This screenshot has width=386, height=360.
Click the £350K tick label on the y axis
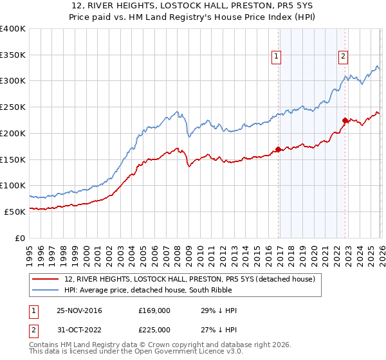[13, 55]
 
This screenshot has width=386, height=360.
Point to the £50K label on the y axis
[15, 212]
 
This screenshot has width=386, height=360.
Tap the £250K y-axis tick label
[13, 107]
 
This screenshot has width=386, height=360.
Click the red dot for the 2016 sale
[278, 150]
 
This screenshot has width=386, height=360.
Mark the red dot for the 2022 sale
[345, 120]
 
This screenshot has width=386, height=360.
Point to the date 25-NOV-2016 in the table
[78, 310]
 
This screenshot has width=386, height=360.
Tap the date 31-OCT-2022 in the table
[78, 332]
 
